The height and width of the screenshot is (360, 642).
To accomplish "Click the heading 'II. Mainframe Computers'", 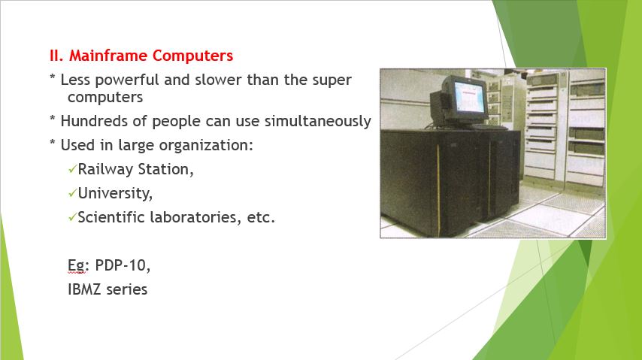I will (x=141, y=56).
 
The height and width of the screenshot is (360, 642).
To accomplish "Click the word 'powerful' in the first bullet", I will (x=126, y=80).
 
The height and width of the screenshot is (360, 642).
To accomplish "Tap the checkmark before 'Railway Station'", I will (x=72, y=170).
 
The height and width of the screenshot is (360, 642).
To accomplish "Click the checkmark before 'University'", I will (x=72, y=194).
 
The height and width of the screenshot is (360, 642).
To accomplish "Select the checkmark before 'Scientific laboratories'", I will (x=72, y=218).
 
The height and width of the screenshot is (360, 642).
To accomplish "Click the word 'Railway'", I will (x=103, y=169).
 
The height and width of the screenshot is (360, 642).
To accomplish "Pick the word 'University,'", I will (x=115, y=193).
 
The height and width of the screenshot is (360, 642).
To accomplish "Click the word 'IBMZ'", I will (x=86, y=289).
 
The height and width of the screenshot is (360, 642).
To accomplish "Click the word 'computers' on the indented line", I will (x=105, y=97).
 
